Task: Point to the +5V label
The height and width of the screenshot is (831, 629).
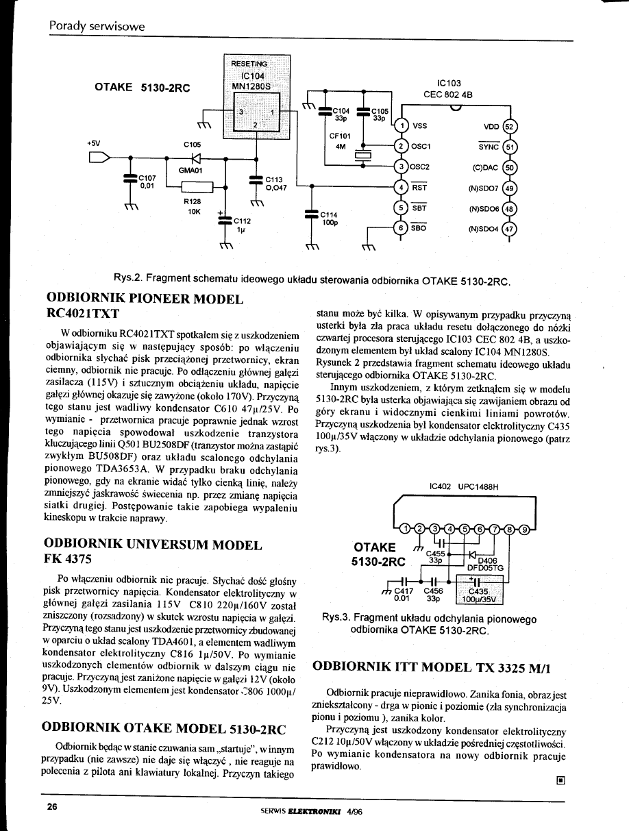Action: [93, 142]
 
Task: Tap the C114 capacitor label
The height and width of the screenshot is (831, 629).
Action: [331, 213]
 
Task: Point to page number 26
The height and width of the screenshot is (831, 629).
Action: [52, 806]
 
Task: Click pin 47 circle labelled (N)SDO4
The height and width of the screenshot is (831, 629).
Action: [508, 230]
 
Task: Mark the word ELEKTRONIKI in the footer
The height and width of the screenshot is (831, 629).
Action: [306, 809]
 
